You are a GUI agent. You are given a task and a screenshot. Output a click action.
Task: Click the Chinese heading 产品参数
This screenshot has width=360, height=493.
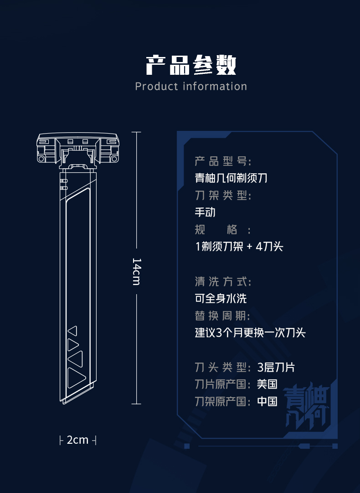191,65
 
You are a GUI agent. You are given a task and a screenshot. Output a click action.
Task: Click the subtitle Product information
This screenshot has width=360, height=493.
191,86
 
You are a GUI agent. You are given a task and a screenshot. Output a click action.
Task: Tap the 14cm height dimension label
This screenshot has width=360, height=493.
136,271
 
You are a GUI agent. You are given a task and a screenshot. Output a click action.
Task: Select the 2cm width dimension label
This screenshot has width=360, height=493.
77,440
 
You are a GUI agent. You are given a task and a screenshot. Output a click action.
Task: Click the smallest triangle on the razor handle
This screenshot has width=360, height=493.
72,331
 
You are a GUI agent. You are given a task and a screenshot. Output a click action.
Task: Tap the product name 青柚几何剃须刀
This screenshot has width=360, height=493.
231,178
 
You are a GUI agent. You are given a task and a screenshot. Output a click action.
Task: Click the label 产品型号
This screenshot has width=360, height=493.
223,161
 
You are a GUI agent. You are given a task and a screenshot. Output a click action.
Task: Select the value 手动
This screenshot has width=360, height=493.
205,212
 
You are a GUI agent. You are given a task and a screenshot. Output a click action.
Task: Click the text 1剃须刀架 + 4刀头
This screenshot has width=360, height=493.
239,247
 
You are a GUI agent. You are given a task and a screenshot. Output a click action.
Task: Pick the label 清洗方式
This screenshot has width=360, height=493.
223,281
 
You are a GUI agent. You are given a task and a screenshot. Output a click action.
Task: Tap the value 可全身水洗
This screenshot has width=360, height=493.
221,299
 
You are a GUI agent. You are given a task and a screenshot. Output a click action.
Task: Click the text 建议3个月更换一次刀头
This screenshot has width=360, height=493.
250,333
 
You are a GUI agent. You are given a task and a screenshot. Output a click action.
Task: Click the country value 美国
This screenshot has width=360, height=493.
267,384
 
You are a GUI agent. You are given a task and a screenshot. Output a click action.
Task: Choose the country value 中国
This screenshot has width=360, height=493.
267,402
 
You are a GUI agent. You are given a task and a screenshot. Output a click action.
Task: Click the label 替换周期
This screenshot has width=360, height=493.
222,316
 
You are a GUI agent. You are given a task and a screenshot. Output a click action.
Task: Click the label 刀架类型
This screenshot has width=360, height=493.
223,195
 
